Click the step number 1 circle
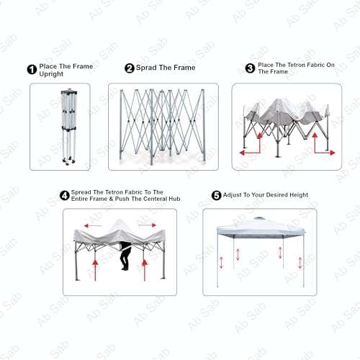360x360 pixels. coord(32,70)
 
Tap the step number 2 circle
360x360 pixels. coord(130,68)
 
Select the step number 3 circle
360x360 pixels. coord(250,68)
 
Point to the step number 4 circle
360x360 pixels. coord(66,195)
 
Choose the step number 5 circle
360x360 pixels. coord(215,195)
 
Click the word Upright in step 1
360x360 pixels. coord(51,74)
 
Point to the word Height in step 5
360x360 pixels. coord(294,195)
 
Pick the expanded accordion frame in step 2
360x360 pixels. coord(163,126)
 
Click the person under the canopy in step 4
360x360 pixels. coord(125,256)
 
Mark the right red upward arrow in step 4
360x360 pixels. coord(145,270)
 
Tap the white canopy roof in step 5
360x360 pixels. coord(259,228)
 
